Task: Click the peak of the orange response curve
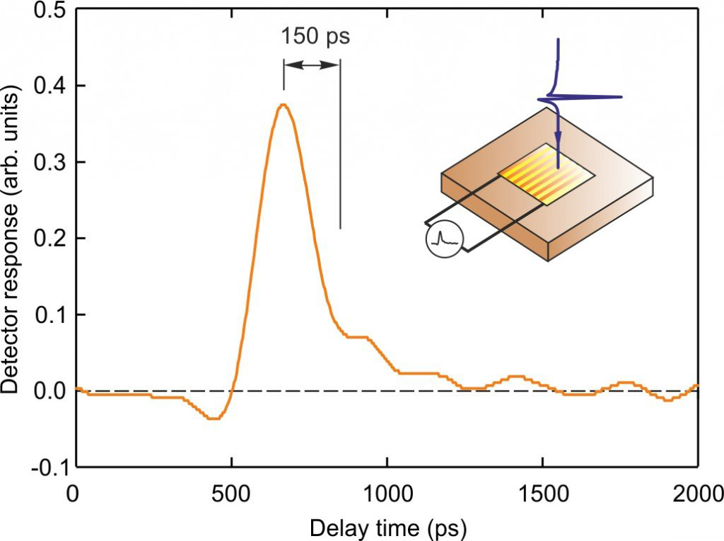point(284,105)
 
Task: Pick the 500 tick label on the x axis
point(231,491)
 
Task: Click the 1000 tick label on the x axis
point(387,491)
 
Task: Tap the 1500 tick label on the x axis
point(542,491)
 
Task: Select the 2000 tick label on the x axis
point(696,491)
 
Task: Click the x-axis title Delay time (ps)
point(387,527)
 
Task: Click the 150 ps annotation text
point(315,36)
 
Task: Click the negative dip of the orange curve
point(213,418)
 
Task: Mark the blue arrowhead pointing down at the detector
point(558,161)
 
